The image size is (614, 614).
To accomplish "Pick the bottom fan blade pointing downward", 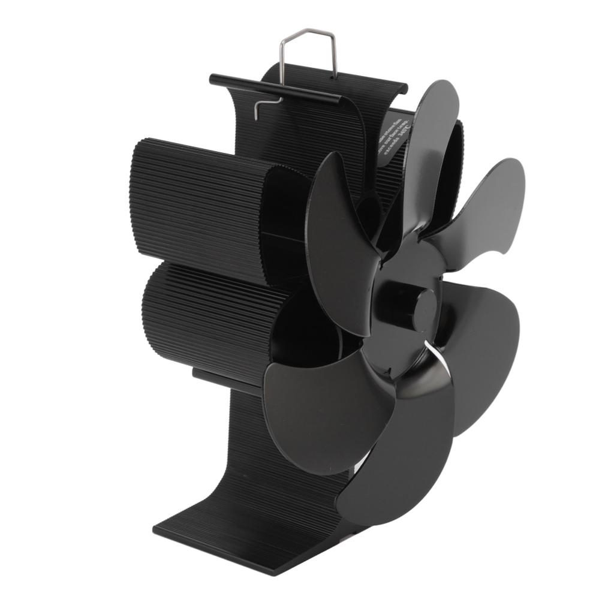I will (402, 462).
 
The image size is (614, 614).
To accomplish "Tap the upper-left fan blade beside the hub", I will (339, 240).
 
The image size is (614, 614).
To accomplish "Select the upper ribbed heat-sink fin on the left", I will (198, 204).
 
